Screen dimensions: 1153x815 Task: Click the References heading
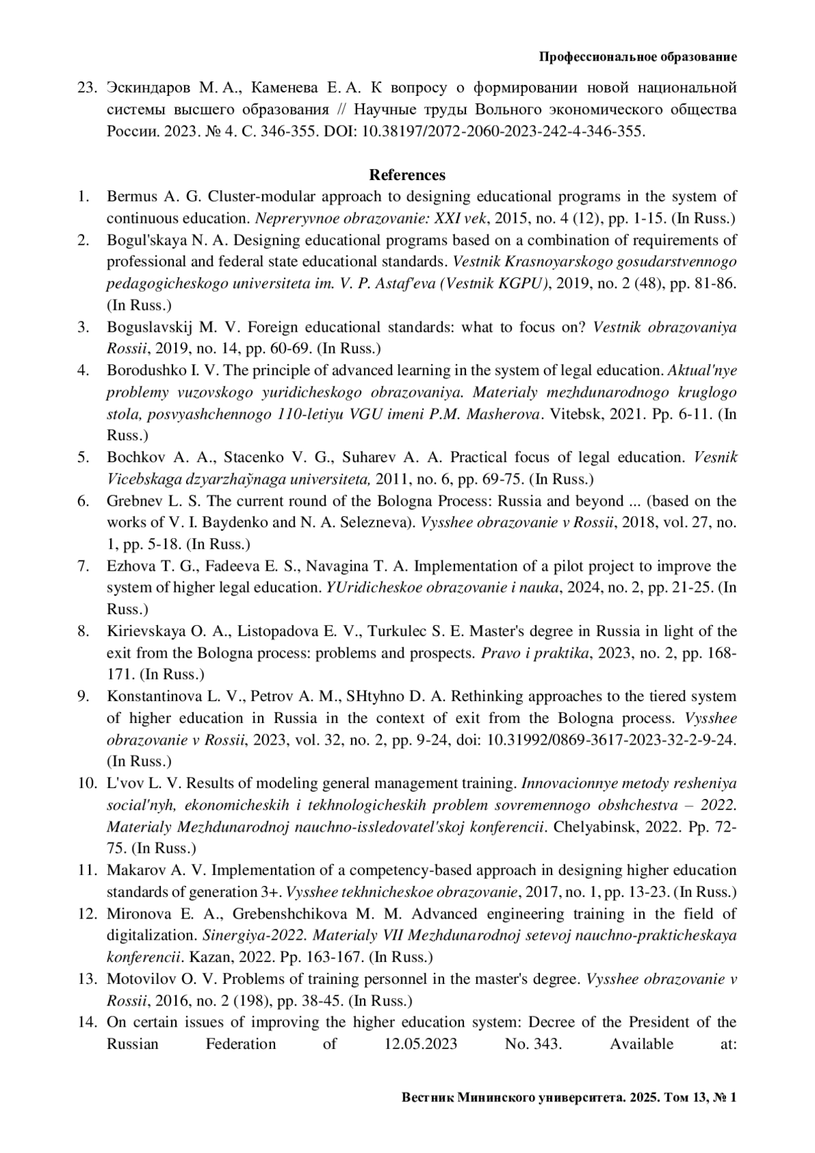407,175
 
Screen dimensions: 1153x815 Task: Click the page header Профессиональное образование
638,57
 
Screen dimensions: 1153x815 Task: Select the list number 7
84,566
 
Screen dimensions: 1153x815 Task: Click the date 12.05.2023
416,1044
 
